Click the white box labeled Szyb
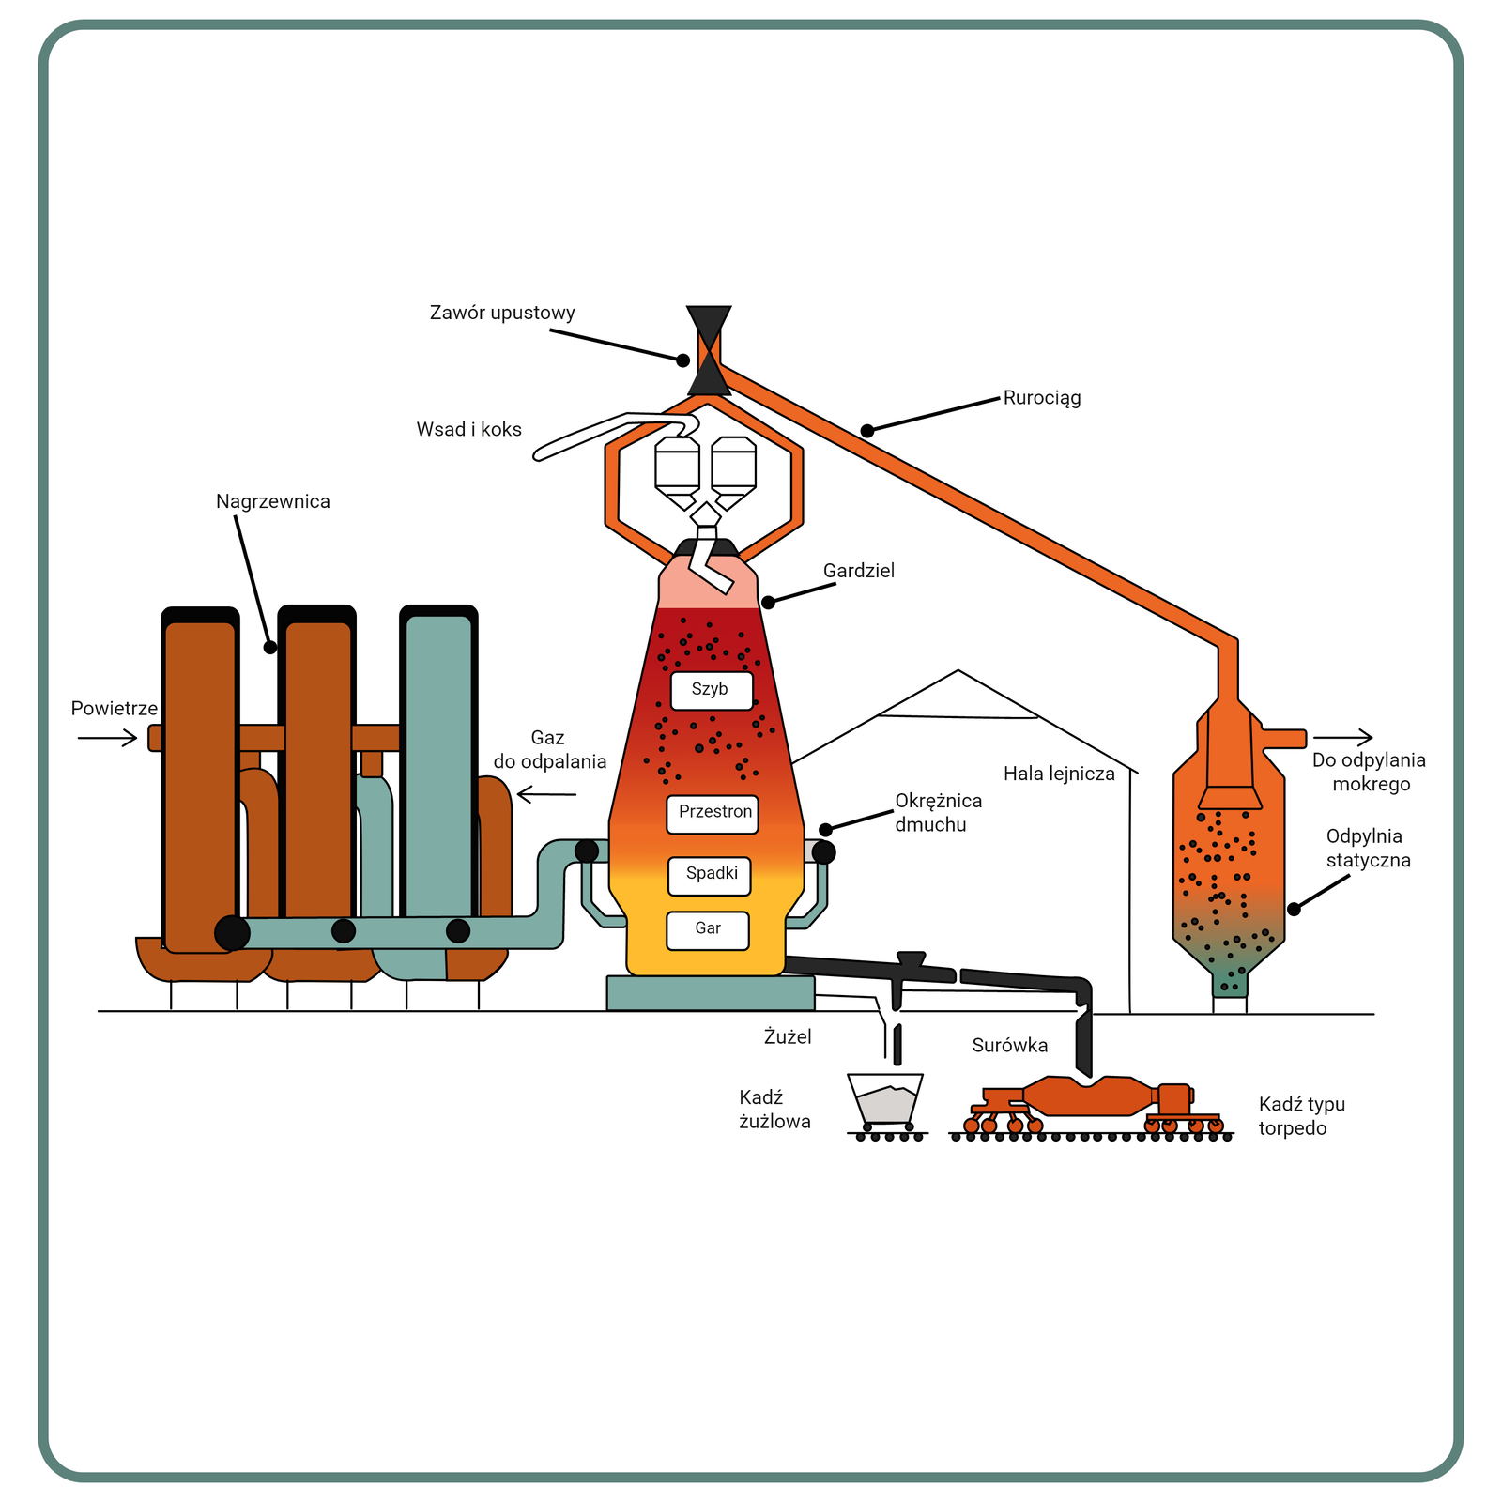click(712, 690)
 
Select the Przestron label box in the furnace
click(713, 814)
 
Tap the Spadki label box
click(710, 875)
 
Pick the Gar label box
click(708, 930)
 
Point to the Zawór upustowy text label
click(502, 313)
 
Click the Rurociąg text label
click(1042, 398)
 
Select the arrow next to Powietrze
click(107, 739)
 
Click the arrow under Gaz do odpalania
click(547, 795)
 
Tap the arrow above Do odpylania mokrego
click(1342, 738)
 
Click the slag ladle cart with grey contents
click(885, 1101)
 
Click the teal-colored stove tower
click(438, 765)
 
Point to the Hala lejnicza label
click(1059, 774)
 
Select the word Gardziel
click(859, 571)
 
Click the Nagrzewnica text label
click(273, 501)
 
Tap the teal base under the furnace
click(711, 993)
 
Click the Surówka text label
click(1010, 1046)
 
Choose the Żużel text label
click(788, 1037)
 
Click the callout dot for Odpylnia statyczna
click(1294, 909)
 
